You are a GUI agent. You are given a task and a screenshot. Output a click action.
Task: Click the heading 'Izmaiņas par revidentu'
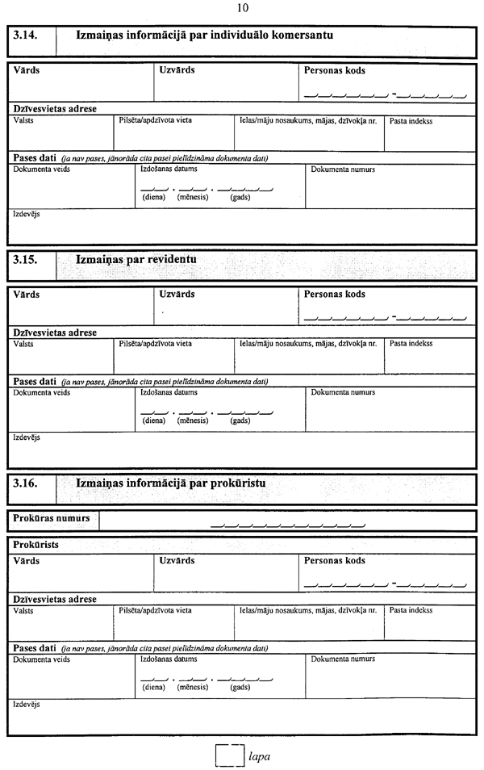pyautogui.click(x=136, y=260)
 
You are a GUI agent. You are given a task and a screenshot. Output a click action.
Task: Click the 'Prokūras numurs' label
pyautogui.click(x=52, y=517)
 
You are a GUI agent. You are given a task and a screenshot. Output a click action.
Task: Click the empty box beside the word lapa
pyautogui.click(x=230, y=756)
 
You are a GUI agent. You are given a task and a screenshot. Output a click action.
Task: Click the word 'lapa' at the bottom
pyautogui.click(x=259, y=757)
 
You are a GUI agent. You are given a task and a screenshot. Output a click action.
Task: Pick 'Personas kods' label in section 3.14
pyautogui.click(x=334, y=70)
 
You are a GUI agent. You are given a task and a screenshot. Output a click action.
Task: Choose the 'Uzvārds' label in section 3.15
pyautogui.click(x=177, y=295)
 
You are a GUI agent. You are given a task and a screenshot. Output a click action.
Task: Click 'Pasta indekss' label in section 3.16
pyautogui.click(x=411, y=611)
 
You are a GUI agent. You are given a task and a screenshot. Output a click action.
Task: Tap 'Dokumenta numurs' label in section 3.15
pyautogui.click(x=343, y=392)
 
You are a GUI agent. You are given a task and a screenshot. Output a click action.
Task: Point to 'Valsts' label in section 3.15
pyautogui.click(x=23, y=344)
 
